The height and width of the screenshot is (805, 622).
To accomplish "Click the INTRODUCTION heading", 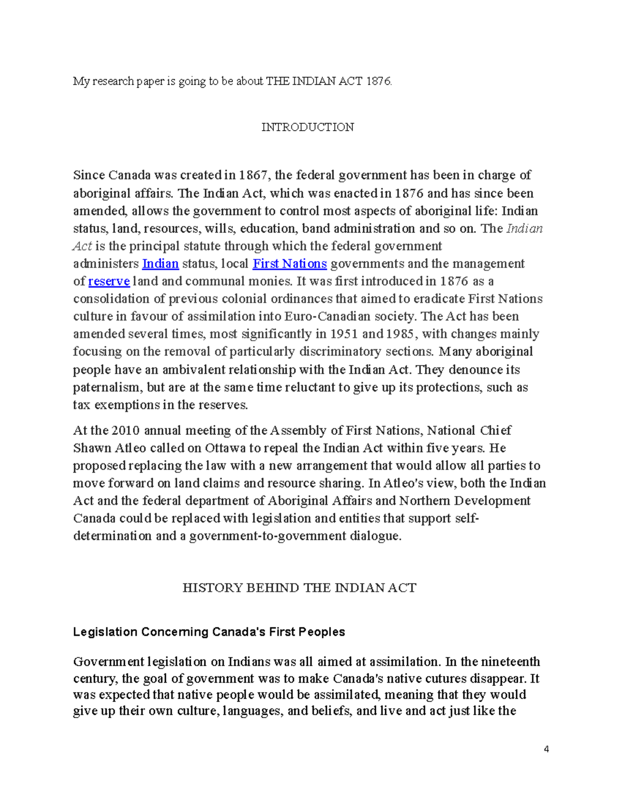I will coord(307,128).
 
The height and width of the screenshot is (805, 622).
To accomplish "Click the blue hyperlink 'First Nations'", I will coord(289,264).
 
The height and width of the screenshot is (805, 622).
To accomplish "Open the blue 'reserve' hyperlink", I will coord(109,281).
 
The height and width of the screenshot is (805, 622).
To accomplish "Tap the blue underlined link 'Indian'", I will coord(160,264).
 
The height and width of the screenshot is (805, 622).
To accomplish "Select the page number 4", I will coord(546,749).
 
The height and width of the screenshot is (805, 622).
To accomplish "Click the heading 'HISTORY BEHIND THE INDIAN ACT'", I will coord(299,588).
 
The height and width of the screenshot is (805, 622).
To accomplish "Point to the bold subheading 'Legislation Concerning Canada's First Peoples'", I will coord(209,632).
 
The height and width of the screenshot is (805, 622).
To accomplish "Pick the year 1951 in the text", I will coord(344,334).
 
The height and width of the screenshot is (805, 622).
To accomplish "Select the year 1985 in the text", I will coord(400,334).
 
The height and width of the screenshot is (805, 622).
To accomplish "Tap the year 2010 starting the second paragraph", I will coord(125,431).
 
